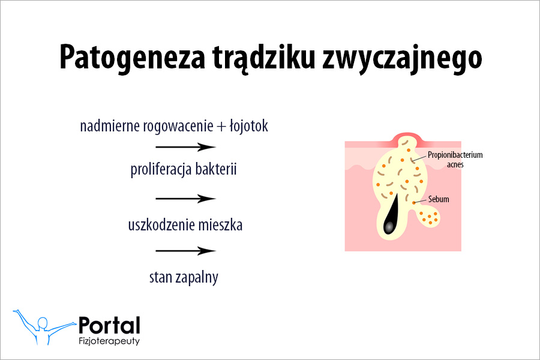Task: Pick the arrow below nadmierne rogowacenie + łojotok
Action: click(185, 147)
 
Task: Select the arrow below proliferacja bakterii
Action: click(185, 199)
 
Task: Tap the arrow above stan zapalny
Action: click(185, 251)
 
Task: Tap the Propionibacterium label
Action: click(455, 155)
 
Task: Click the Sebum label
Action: click(439, 199)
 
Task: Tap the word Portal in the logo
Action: click(109, 325)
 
